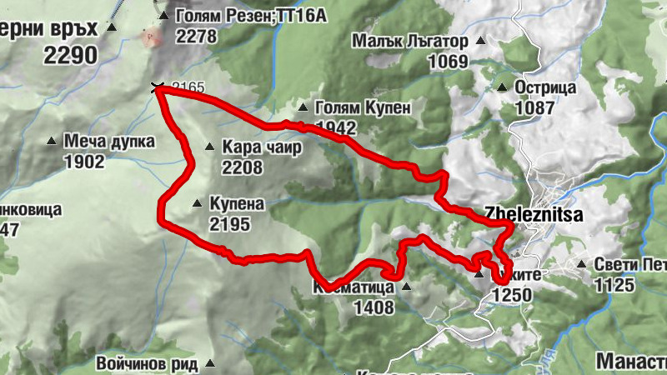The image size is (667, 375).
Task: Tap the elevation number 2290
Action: (71, 56)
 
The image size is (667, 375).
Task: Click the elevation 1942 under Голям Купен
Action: (336, 128)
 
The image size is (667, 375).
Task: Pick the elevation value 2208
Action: (242, 167)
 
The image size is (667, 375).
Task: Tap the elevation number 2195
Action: (229, 224)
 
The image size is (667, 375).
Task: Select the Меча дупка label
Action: (109, 142)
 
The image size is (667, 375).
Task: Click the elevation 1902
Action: (84, 162)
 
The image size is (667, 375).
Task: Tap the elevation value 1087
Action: (535, 107)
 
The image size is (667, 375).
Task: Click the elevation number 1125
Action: (615, 286)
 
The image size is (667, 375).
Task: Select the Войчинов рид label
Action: (147, 363)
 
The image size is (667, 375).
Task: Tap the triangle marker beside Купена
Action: (197, 202)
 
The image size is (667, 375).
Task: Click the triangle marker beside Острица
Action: (502, 87)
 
